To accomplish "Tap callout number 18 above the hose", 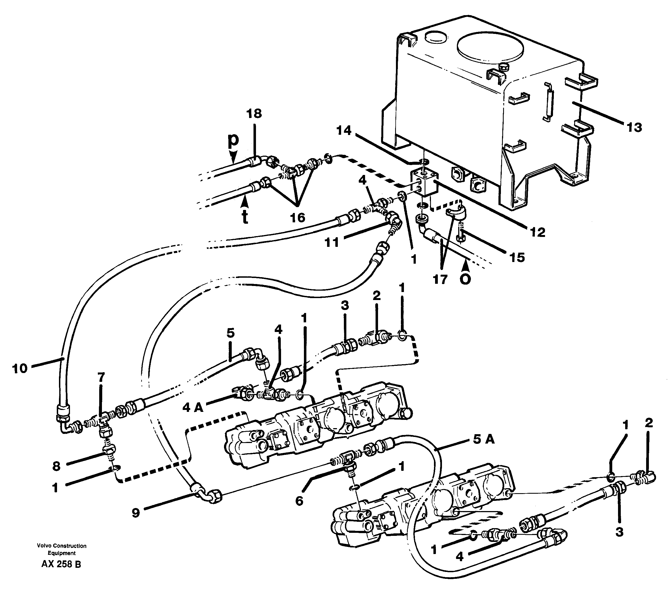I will (x=254, y=114).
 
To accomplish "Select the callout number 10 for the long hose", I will (x=20, y=369).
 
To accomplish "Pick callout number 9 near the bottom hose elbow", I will (x=136, y=513).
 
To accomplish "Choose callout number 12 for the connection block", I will (x=537, y=233).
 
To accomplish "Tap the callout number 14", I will (x=344, y=131).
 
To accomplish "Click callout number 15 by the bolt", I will (x=517, y=257).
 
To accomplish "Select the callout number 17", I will (x=440, y=280).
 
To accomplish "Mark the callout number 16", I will (x=297, y=218).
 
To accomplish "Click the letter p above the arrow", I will (x=233, y=140).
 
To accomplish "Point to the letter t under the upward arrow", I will (x=245, y=218).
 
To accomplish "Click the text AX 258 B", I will (x=61, y=564).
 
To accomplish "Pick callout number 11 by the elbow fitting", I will (x=331, y=242).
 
